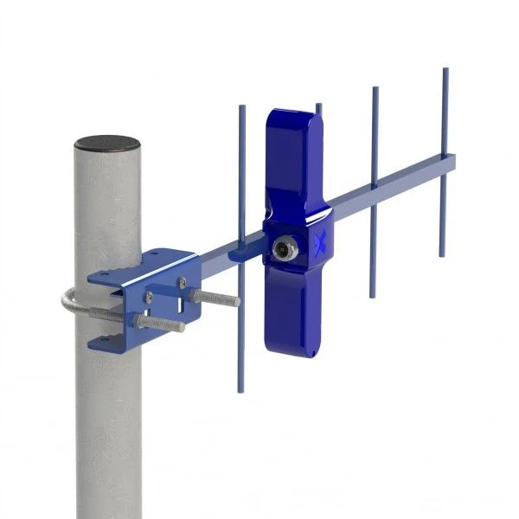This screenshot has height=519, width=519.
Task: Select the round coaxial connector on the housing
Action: point(283,250)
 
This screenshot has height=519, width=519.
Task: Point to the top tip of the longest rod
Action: point(241,108)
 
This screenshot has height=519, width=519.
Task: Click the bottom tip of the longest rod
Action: point(240,389)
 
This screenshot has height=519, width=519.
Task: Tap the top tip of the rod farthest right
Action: point(445,70)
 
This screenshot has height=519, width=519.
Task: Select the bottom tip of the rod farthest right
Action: point(442,254)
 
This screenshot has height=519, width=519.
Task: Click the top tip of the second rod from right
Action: point(375,89)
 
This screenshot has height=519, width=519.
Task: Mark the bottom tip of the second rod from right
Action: point(373,295)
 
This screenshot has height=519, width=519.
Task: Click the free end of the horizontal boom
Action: point(452,161)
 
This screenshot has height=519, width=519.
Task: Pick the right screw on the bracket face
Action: point(183,281)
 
